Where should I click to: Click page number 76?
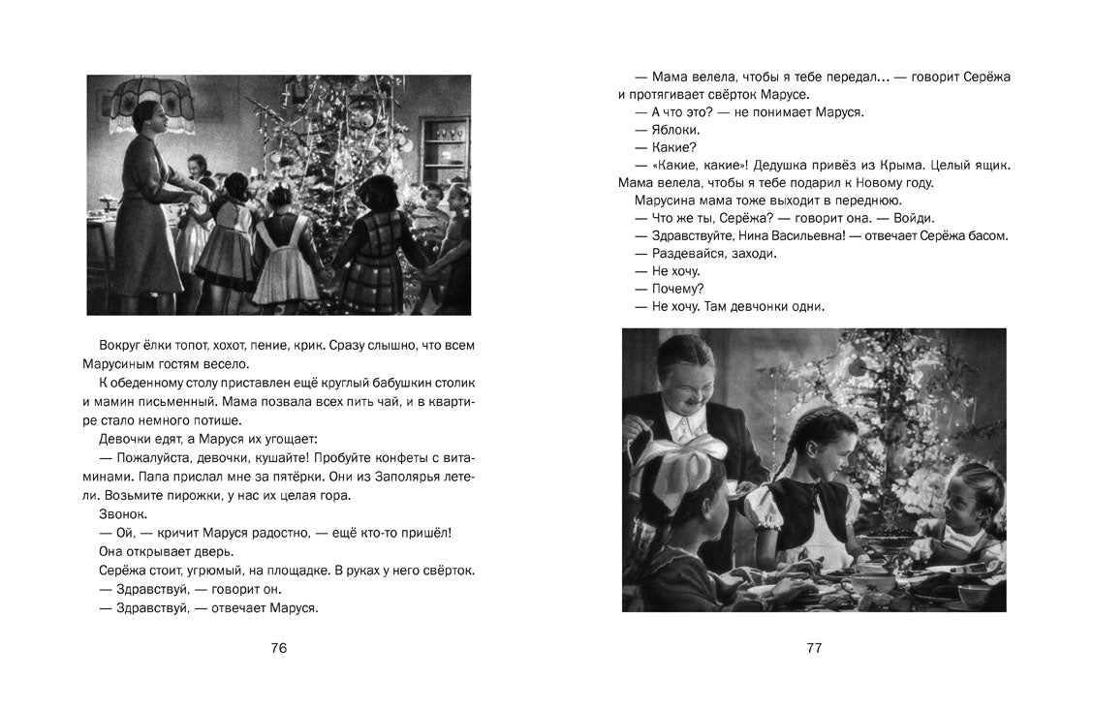pos(279,648)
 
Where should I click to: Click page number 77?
pos(814,648)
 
